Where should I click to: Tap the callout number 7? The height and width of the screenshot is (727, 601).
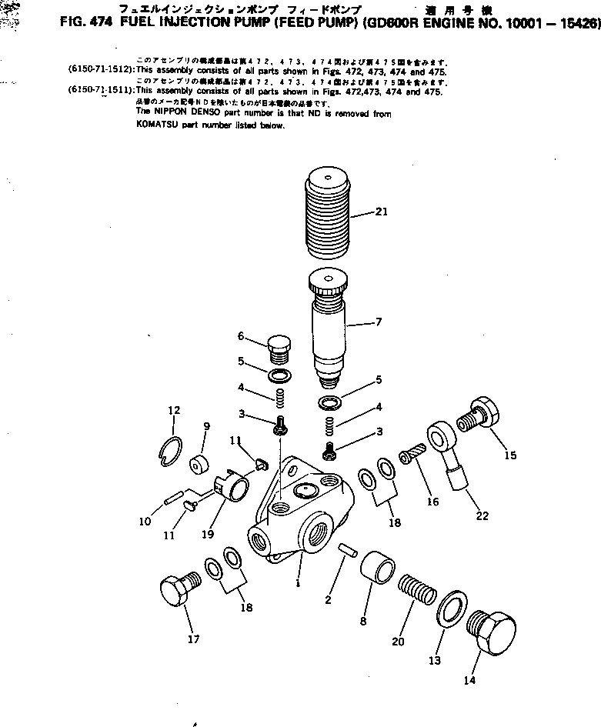378,322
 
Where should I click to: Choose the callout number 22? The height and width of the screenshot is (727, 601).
482,515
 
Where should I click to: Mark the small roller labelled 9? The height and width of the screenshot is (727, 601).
202,464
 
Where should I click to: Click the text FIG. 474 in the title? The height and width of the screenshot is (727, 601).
86,23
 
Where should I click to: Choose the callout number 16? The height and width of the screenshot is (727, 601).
432,502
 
